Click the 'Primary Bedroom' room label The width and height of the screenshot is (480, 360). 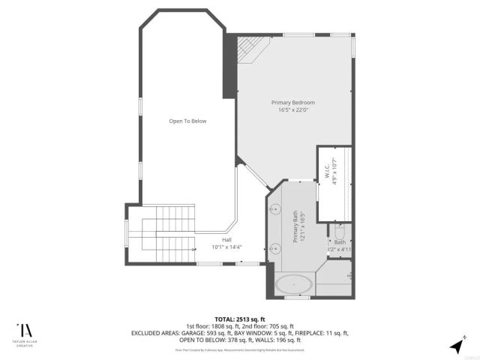coord(292,102)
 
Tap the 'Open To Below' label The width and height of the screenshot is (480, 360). coord(187,121)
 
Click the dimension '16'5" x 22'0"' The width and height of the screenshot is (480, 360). coord(292,110)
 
